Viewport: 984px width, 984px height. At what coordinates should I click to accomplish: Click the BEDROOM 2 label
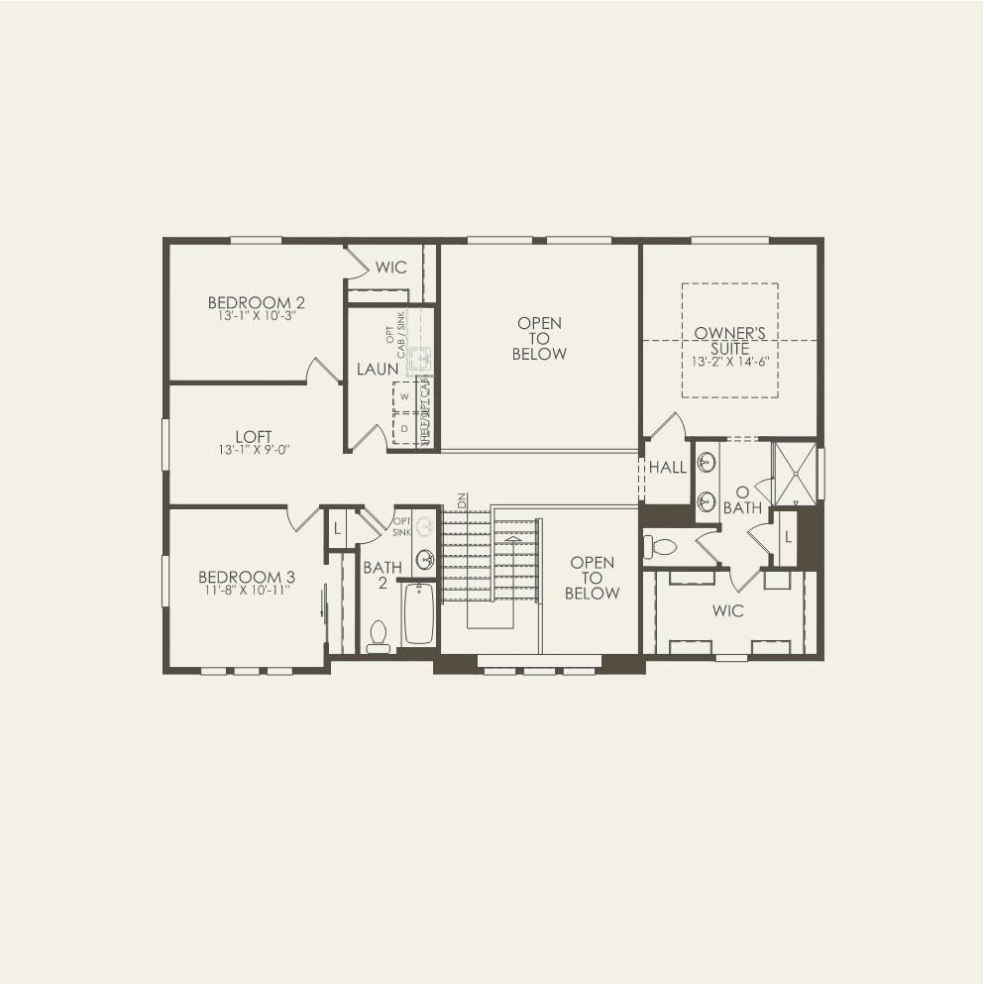coord(249,302)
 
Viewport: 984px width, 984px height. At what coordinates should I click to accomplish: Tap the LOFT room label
coord(254,436)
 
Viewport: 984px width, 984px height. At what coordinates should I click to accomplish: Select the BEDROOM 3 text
coord(246,577)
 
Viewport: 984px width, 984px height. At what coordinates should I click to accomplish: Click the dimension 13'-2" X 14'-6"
coord(729,362)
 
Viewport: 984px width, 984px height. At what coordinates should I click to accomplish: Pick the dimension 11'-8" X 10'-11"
coord(246,590)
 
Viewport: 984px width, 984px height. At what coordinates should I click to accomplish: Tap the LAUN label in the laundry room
coord(377,370)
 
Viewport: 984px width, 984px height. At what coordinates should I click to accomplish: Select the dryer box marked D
coord(403,428)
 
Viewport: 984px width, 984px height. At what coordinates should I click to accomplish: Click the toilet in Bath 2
coord(378,637)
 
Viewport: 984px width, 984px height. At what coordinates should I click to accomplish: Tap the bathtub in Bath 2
coord(419,614)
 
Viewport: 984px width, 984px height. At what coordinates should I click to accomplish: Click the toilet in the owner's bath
coord(660,546)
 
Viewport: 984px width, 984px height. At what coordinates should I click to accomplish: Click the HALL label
coord(667,468)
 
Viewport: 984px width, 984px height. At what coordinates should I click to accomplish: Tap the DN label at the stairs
coord(461,498)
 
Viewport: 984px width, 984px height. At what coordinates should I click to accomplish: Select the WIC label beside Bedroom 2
coord(390,268)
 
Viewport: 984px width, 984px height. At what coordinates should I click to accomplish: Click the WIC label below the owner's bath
coord(727,610)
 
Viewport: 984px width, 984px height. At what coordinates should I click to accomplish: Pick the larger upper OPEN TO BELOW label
coord(539,338)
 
